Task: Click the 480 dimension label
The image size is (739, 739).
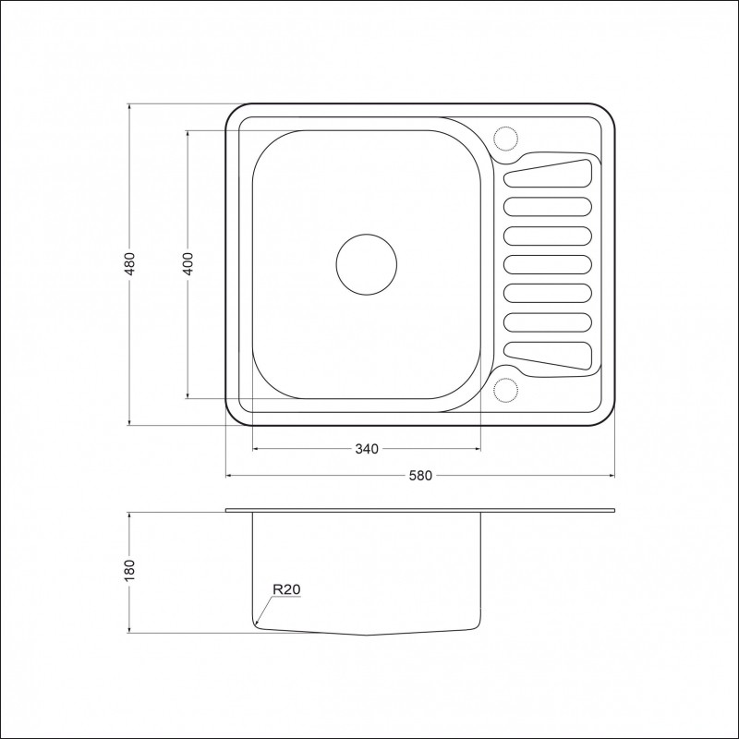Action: [129, 264]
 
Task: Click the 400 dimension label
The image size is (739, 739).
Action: [188, 264]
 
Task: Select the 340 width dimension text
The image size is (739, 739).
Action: [367, 449]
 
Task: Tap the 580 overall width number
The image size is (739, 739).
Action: [420, 476]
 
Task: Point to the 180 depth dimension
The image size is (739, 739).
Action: [129, 570]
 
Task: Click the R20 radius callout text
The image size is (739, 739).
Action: [286, 589]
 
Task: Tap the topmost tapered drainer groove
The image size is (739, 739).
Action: [548, 174]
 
